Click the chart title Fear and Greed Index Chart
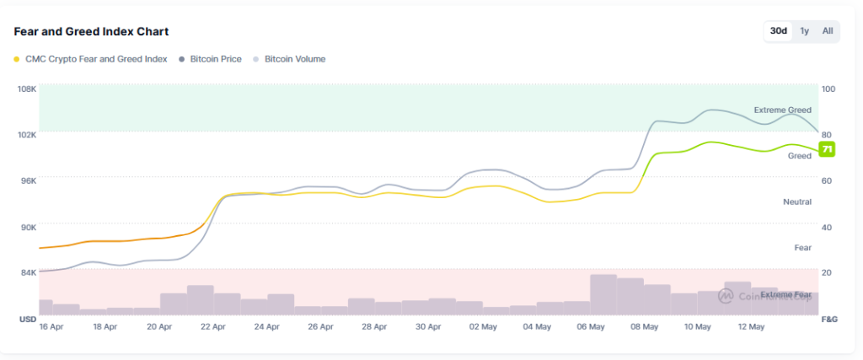pos(91,31)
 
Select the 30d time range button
pos(778,31)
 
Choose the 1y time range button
pos(804,31)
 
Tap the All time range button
pos(828,31)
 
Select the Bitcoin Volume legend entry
pos(294,59)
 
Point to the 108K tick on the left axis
pos(27,89)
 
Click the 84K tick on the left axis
pos(28,272)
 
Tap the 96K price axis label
pos(28,180)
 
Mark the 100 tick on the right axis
pos(828,89)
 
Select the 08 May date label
pos(645,326)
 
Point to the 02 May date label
pos(482,326)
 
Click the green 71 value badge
pos(827,149)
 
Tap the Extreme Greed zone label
pos(782,110)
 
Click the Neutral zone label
pos(797,202)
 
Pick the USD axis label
pos(27,320)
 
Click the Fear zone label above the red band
pos(802,248)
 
